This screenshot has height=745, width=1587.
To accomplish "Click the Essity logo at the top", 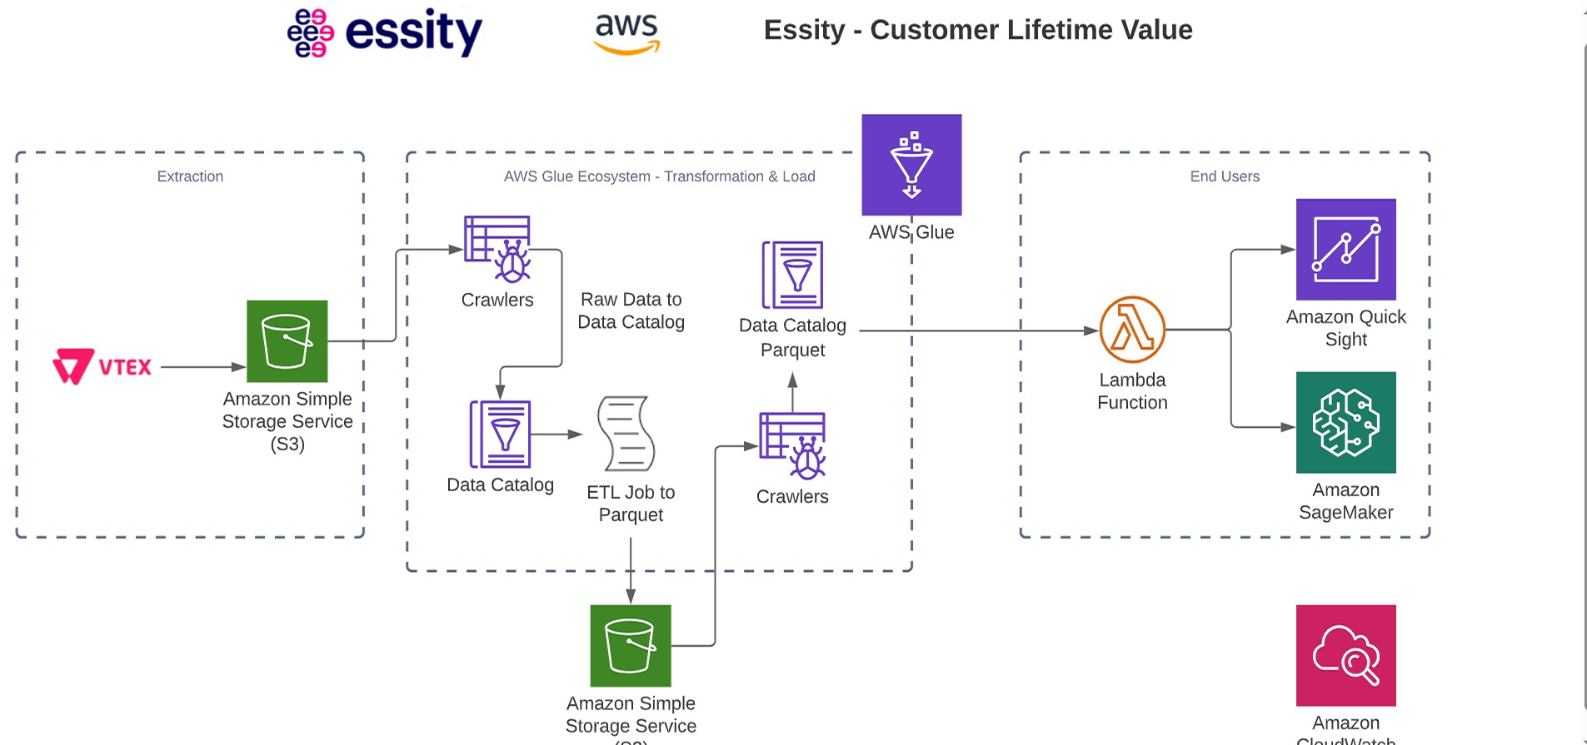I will pyautogui.click(x=385, y=32).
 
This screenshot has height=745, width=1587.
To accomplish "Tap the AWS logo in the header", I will pyautogui.click(x=626, y=33).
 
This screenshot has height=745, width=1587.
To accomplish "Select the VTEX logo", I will pyautogui.click(x=102, y=366).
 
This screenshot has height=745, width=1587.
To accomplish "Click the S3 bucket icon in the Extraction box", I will pyautogui.click(x=287, y=341).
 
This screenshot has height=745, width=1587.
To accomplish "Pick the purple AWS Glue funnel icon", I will pyautogui.click(x=911, y=165).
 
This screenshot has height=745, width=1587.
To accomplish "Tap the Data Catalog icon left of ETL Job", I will pyautogui.click(x=500, y=435).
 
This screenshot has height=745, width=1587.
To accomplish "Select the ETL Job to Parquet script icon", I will pyautogui.click(x=626, y=435).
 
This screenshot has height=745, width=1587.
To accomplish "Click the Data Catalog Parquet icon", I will pyautogui.click(x=792, y=275).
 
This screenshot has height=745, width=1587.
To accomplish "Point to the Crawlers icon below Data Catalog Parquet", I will pyautogui.click(x=792, y=446).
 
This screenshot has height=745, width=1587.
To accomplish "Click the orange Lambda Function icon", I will pyautogui.click(x=1132, y=330).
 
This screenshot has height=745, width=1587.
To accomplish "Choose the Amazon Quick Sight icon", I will pyautogui.click(x=1345, y=250).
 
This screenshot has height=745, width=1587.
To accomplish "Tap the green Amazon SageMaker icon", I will pyautogui.click(x=1345, y=423).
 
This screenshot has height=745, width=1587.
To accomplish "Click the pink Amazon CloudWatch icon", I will pyautogui.click(x=1345, y=656).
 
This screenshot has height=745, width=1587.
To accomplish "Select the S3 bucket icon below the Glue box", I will pyautogui.click(x=631, y=646).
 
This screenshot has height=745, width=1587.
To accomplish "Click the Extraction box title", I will pyautogui.click(x=190, y=176).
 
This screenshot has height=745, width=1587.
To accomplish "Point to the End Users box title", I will pyautogui.click(x=1224, y=176).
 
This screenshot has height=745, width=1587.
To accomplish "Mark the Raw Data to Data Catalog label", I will pyautogui.click(x=631, y=310).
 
